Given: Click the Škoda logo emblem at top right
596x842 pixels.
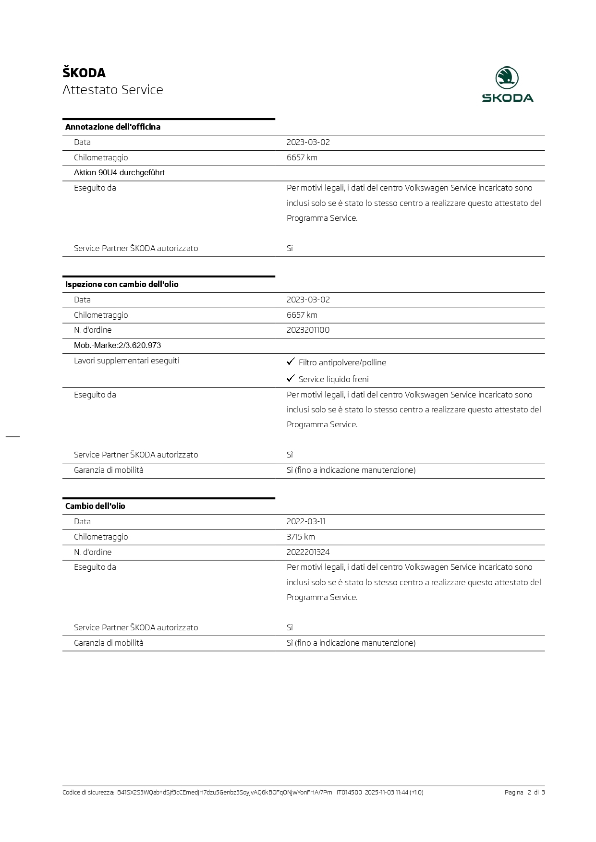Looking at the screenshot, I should click(507, 78).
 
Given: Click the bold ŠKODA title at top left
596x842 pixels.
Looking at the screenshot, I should click(84, 73).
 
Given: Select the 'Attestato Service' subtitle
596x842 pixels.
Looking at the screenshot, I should click(113, 90).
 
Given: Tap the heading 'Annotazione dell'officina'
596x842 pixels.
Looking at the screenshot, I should click(113, 127).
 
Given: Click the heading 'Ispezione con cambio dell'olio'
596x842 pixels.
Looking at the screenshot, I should click(122, 284).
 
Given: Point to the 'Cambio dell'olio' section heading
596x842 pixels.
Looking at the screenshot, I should click(95, 506).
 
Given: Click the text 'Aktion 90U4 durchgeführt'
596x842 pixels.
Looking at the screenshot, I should click(119, 173).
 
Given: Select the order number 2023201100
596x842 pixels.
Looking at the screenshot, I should click(308, 330).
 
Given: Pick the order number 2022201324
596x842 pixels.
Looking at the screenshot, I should click(308, 552).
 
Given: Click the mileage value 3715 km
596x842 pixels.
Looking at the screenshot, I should click(301, 537).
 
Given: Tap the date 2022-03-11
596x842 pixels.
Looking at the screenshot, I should click(306, 521).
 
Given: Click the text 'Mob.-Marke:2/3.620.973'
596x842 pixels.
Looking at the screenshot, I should click(118, 346).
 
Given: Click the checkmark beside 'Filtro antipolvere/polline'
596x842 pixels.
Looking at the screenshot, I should click(291, 361).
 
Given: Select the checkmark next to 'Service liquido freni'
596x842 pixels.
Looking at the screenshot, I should click(291, 378).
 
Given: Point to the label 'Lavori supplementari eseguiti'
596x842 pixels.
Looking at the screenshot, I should click(127, 361).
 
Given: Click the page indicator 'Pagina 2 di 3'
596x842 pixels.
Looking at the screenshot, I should click(524, 793).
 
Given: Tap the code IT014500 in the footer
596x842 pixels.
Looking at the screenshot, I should click(349, 793).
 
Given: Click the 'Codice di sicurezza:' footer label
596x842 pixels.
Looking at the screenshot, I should click(88, 793).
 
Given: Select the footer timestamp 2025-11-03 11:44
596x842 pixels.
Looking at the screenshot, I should click(387, 793).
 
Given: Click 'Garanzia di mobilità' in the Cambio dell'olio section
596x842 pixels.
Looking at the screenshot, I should click(109, 643).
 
